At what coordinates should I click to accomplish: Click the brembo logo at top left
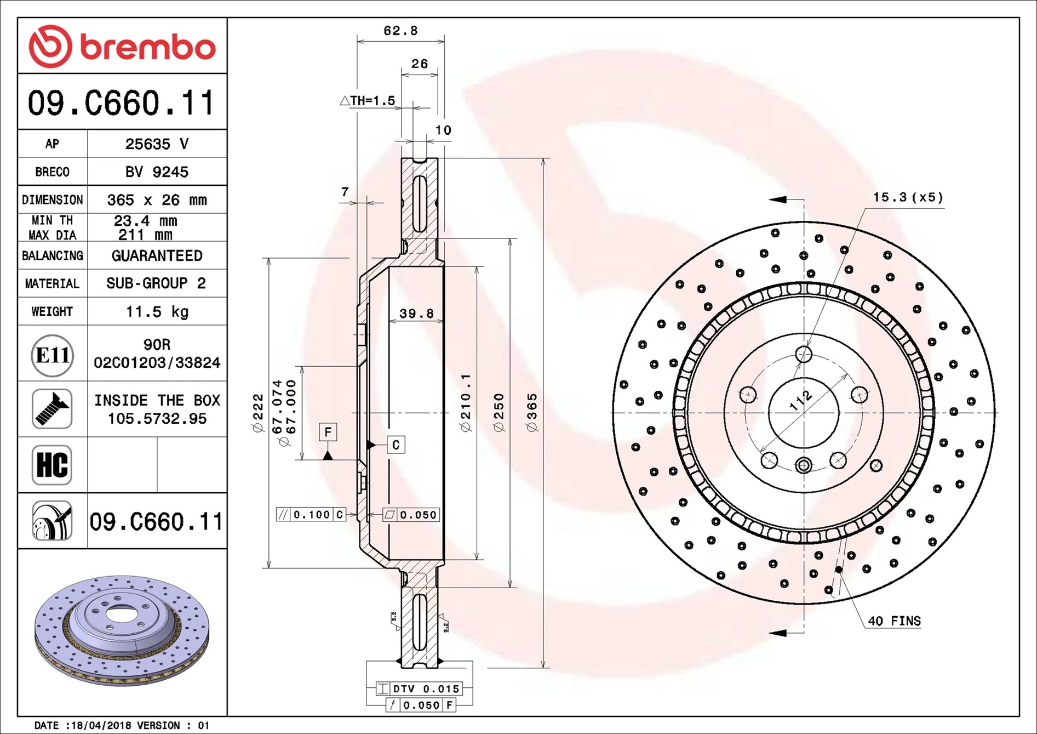tap(122, 46)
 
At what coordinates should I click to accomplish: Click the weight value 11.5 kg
tap(157, 311)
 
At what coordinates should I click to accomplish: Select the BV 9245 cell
tap(157, 172)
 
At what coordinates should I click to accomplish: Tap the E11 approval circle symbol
tap(52, 355)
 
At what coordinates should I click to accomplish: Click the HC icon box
tap(52, 465)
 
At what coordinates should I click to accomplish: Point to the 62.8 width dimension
tap(400, 31)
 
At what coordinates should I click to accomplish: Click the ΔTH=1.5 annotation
tap(368, 101)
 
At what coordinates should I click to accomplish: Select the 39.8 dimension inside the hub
tap(416, 314)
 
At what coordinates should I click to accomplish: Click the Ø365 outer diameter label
tap(531, 412)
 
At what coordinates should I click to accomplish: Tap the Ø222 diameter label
tap(257, 412)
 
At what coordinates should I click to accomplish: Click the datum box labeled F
tap(328, 432)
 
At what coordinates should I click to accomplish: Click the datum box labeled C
tap(396, 445)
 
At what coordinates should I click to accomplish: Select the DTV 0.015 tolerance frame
tap(420, 689)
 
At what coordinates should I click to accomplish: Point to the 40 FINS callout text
tap(894, 621)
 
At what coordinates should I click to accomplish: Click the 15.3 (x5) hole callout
tap(908, 197)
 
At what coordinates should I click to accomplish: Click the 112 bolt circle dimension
tap(801, 400)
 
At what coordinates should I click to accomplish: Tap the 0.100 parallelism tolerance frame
tap(311, 514)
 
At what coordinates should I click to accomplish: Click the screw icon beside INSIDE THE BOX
tap(52, 409)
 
